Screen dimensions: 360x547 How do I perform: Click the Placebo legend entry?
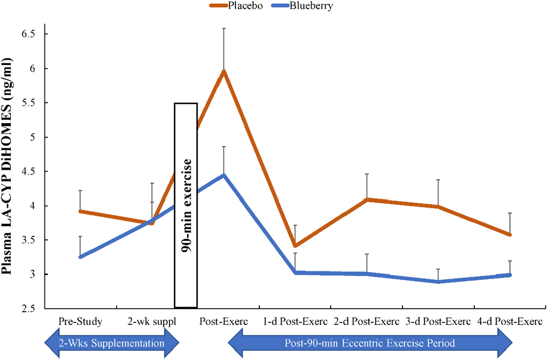(245, 6)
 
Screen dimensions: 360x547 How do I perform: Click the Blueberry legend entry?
(311, 6)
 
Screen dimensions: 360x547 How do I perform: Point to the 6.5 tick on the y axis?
(28, 34)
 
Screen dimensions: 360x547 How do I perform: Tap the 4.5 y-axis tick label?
(28, 171)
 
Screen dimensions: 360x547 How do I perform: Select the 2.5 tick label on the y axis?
(28, 308)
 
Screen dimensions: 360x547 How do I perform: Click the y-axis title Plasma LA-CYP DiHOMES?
(7, 166)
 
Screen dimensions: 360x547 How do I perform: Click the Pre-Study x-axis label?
(80, 321)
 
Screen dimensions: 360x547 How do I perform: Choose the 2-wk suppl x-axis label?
(152, 321)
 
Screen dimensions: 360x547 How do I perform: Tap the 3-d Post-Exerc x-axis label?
(438, 321)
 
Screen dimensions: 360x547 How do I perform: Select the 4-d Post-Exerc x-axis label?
(510, 321)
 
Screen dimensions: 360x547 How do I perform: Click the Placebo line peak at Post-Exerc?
(224, 71)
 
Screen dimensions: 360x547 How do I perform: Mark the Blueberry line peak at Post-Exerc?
(224, 175)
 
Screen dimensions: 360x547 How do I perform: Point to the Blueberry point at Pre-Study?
(80, 257)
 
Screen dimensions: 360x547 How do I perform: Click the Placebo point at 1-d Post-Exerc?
(295, 246)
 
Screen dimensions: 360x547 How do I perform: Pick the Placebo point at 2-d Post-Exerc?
(367, 199)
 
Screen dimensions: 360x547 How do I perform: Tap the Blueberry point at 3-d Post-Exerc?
(438, 282)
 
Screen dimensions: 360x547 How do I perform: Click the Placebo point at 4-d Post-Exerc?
(510, 234)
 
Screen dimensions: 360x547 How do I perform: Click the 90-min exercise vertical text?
(186, 205)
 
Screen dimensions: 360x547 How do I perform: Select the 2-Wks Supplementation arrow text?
(111, 343)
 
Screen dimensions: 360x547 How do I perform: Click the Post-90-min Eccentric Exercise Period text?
(370, 343)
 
